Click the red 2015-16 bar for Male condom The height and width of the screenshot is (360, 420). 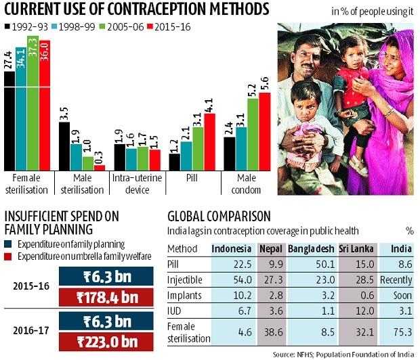264,131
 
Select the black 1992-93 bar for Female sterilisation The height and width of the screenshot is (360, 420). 9,119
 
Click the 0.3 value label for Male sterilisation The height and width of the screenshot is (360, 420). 100,158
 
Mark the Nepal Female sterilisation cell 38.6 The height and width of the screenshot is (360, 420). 270,332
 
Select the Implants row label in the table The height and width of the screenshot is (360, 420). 184,295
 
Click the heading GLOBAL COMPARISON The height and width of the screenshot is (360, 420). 219,217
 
